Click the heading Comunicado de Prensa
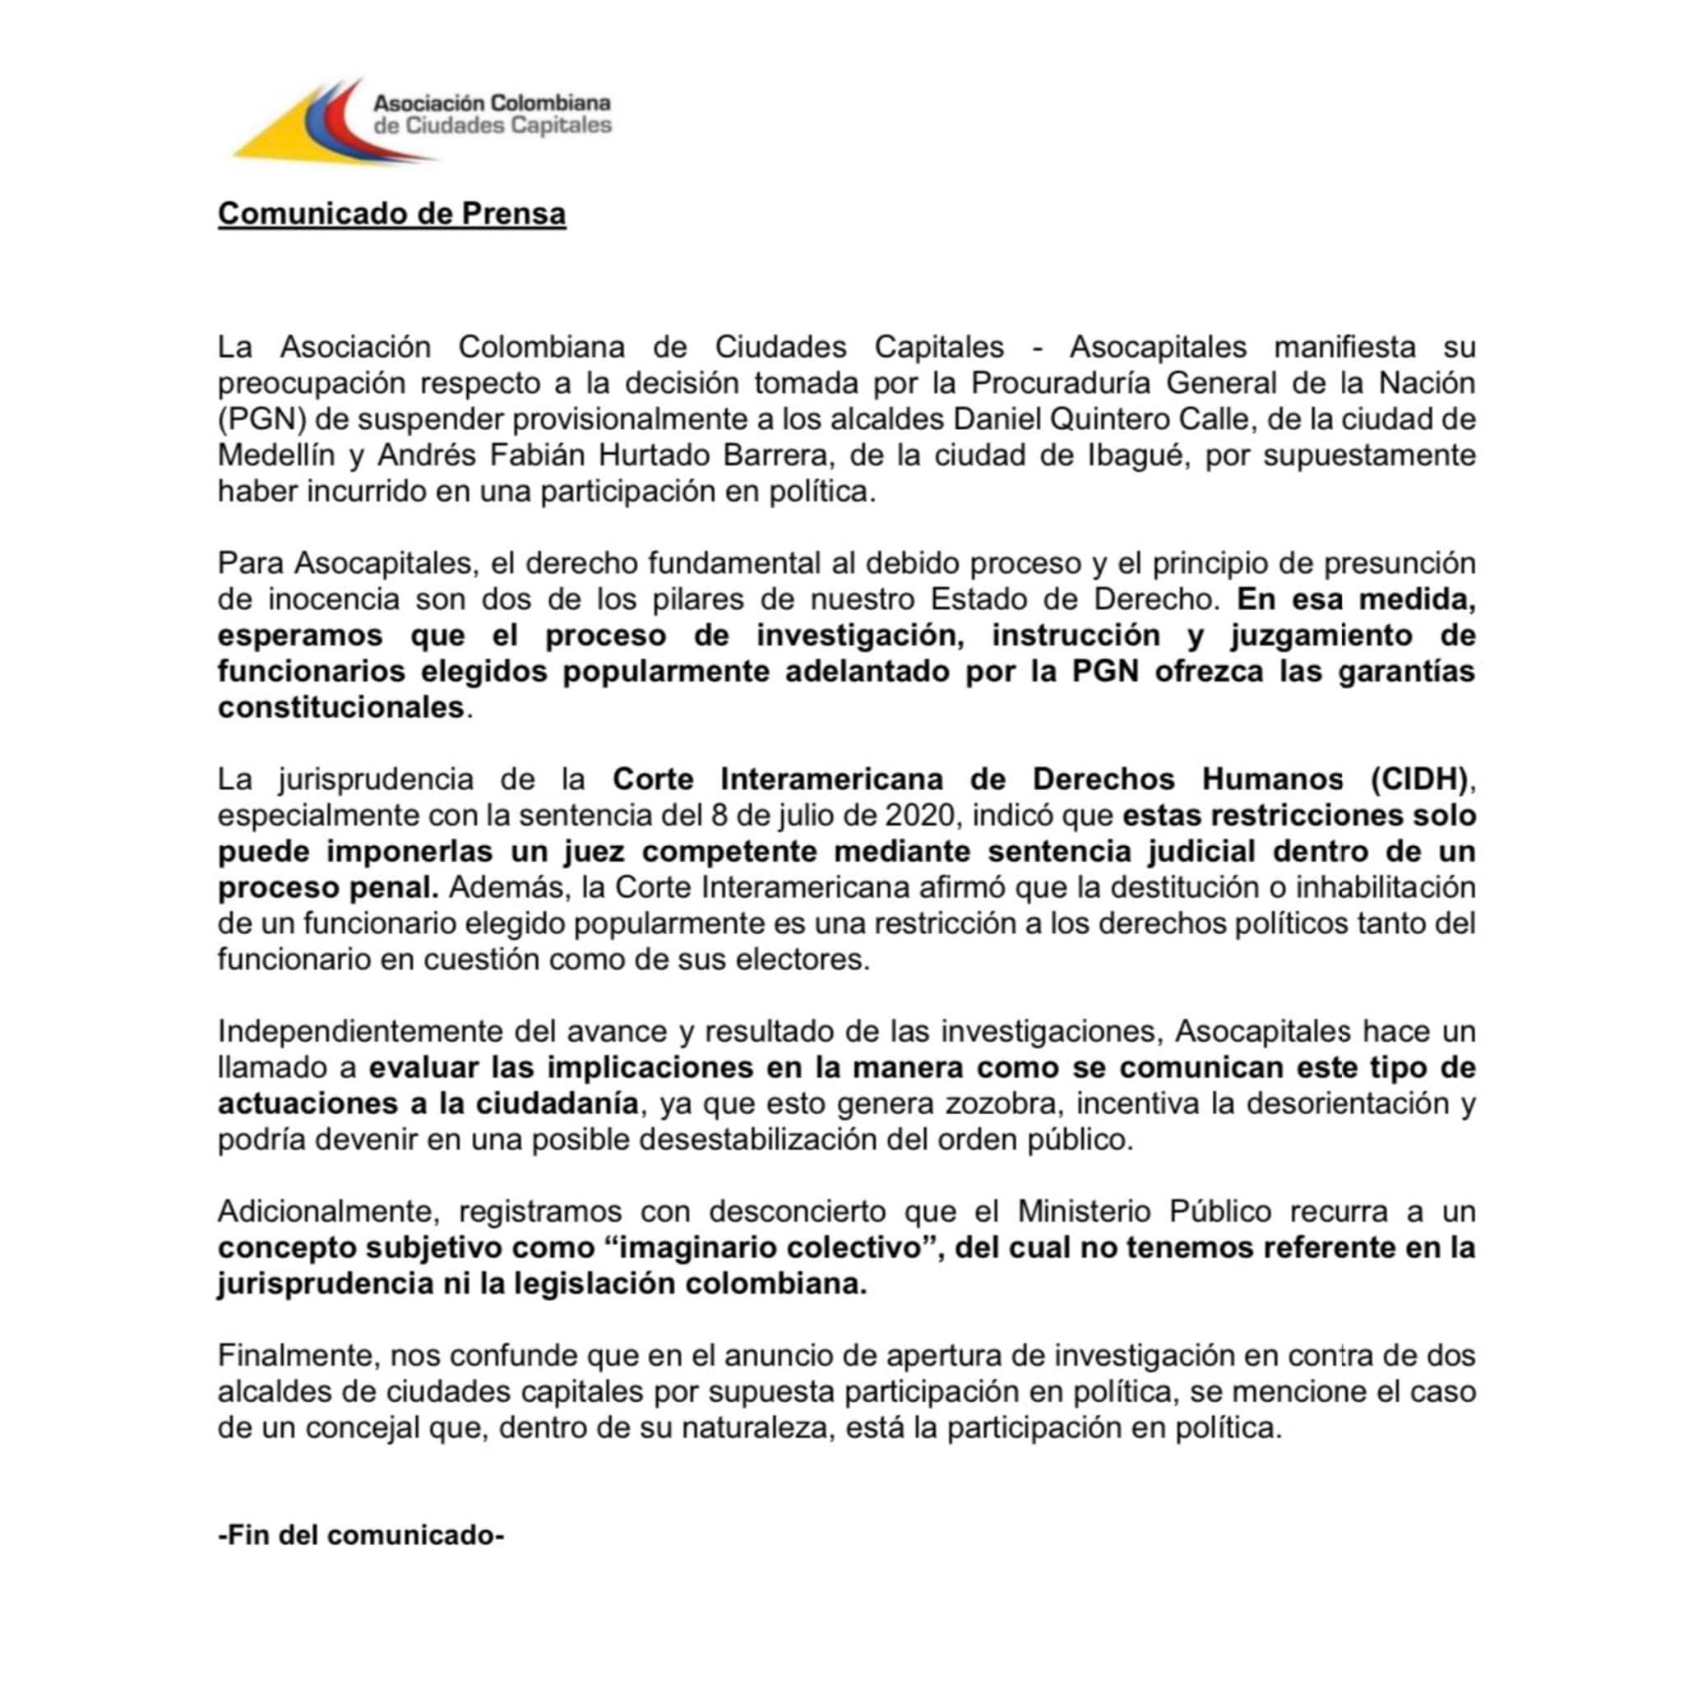(391, 214)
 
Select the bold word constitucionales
(340, 707)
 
